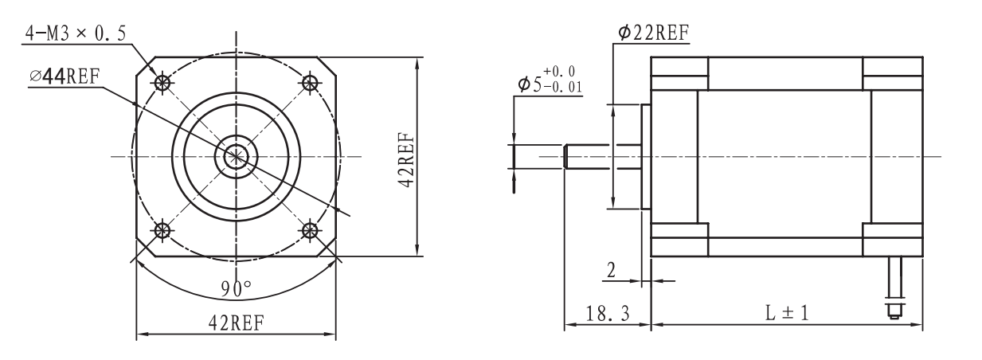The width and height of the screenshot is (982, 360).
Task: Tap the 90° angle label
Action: pos(237,288)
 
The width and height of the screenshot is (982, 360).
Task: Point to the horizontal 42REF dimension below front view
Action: pos(237,323)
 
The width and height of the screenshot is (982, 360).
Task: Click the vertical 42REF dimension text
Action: pos(405,156)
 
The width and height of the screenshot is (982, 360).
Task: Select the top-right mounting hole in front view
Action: pos(309,82)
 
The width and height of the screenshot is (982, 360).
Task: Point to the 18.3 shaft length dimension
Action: pos(605,314)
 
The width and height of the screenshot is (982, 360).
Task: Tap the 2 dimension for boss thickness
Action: pos(612,270)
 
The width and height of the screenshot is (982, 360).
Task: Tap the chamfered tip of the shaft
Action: pos(566,156)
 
